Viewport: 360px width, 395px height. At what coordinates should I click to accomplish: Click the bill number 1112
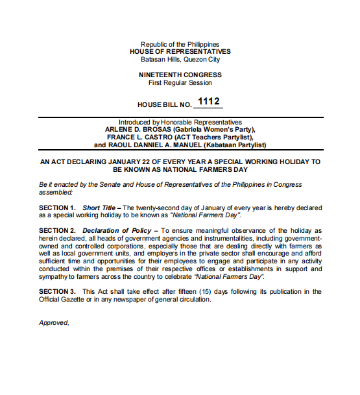coord(208,102)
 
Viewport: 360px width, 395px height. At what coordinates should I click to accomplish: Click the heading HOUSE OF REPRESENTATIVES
coord(180,51)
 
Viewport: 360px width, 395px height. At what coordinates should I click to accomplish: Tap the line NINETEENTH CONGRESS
coord(180,75)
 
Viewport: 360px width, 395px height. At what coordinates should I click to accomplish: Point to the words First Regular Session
coord(180,83)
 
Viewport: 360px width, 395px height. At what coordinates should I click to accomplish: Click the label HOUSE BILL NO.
coord(165,104)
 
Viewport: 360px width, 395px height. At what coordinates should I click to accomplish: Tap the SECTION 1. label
coord(57,208)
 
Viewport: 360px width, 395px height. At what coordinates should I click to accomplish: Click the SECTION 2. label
coord(57,231)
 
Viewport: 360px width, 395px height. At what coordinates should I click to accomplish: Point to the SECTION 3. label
coord(57,292)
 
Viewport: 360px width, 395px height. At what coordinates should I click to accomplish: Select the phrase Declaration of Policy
coord(119,231)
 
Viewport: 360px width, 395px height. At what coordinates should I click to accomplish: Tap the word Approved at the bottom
coord(54,322)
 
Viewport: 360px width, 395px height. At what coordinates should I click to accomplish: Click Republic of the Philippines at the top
coord(180,44)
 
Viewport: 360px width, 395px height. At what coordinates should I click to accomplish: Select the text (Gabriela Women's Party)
coord(211,130)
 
